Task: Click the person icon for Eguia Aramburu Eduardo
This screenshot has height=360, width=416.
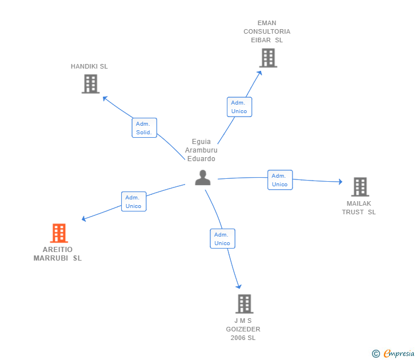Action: [203, 178]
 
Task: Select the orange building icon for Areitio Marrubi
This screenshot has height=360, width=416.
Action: [59, 233]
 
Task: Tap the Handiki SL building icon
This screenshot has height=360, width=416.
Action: [90, 84]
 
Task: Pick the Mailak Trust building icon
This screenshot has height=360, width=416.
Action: [359, 187]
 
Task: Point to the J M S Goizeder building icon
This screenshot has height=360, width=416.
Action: [244, 303]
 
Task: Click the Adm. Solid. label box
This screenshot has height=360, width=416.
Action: [144, 128]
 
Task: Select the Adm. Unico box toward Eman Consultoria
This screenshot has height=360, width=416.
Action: [239, 107]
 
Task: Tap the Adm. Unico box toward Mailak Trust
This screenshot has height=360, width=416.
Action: [280, 180]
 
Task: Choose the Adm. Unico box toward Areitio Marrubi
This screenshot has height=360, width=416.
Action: [134, 202]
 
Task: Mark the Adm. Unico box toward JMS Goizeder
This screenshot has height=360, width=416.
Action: [222, 239]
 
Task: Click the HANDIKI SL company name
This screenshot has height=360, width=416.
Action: [89, 66]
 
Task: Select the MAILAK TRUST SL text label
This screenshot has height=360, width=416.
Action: [359, 207]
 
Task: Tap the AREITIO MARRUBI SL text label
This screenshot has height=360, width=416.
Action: [58, 254]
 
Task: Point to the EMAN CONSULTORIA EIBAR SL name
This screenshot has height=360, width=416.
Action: [267, 31]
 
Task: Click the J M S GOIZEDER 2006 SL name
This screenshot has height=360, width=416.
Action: [243, 329]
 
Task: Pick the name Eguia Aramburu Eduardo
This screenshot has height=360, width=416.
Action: [201, 150]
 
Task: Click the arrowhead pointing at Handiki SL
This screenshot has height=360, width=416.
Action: [105, 98]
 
